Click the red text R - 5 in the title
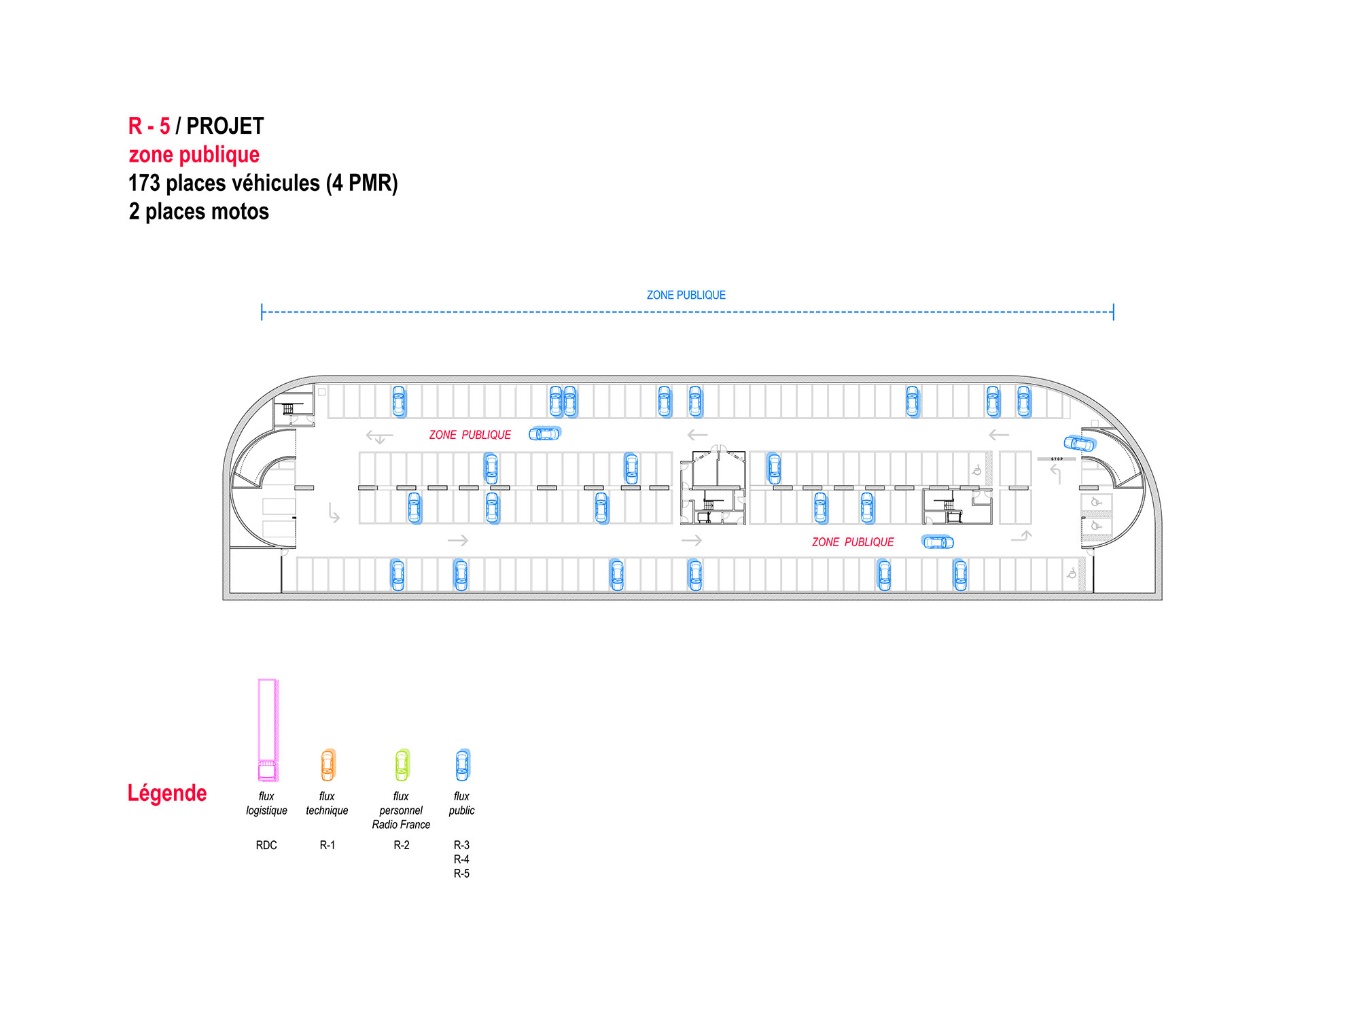(149, 126)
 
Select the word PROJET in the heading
(225, 126)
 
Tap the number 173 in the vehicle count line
(144, 183)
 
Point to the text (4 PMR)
(362, 183)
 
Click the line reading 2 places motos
(199, 212)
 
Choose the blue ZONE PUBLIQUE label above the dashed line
(686, 295)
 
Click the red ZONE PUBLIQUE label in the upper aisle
(470, 435)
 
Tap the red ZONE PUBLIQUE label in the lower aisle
(853, 542)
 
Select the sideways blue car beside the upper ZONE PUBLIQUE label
(545, 433)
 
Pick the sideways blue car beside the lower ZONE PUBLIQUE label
(938, 541)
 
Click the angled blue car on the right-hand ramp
(1080, 443)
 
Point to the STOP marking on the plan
(1057, 459)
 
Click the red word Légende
(167, 793)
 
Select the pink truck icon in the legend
(268, 730)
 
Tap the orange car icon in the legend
(328, 765)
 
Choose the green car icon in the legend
(402, 765)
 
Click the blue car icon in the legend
(463, 765)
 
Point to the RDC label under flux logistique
(266, 845)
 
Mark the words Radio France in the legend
(401, 825)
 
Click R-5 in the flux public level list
(461, 874)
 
